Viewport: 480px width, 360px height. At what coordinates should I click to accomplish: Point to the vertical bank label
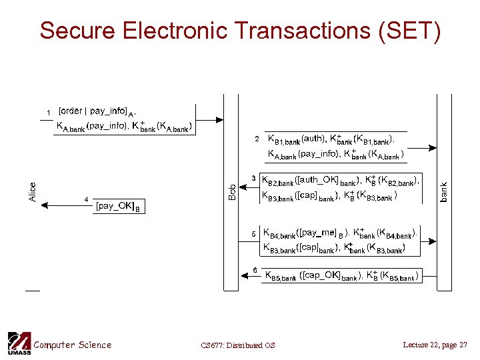[444, 192]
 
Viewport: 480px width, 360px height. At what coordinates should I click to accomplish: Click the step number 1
[48, 111]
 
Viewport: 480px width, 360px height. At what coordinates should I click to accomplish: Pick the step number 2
[258, 139]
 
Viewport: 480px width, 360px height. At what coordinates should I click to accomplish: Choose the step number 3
[253, 177]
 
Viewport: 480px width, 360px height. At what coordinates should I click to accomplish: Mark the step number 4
[85, 199]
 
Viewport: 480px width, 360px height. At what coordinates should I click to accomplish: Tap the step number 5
[253, 233]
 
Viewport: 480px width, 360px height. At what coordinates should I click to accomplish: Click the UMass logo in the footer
[18, 343]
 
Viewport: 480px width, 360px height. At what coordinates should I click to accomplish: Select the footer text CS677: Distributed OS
[237, 345]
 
